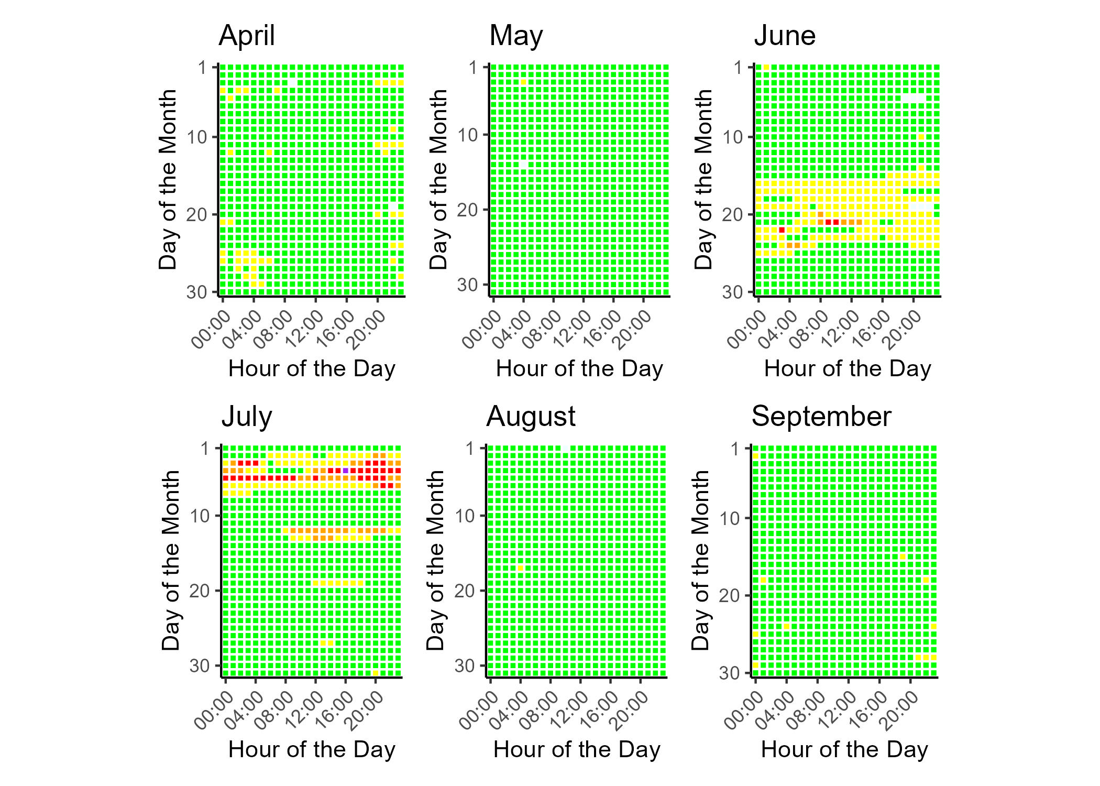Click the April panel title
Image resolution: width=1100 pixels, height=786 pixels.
(247, 36)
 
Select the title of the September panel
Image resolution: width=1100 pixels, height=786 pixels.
(821, 417)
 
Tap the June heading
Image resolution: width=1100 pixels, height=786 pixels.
(785, 36)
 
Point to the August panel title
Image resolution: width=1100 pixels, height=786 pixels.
(531, 417)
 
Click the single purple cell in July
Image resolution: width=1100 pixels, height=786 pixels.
(346, 471)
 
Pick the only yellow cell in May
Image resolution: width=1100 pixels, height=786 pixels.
(523, 82)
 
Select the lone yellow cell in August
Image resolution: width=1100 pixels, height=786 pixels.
(521, 568)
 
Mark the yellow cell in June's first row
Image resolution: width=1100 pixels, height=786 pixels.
(766, 67)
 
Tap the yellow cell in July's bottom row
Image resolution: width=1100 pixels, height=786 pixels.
(376, 673)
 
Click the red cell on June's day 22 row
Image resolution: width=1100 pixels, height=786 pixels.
(782, 230)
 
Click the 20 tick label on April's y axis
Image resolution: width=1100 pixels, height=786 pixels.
(197, 215)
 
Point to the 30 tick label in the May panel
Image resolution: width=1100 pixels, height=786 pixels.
(468, 285)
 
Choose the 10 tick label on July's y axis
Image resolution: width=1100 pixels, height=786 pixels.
(200, 516)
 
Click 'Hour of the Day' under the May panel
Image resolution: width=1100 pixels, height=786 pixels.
(579, 369)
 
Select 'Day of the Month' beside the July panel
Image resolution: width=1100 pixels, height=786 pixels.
(171, 561)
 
